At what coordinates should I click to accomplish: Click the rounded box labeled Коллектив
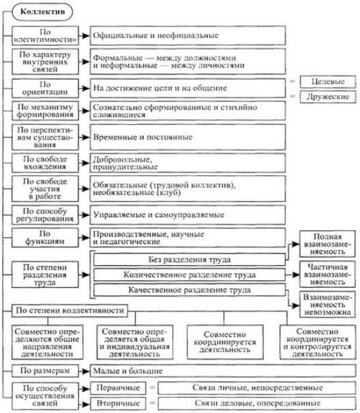point(42,12)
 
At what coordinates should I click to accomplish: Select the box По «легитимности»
point(45,35)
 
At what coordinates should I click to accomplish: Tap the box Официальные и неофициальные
point(187,35)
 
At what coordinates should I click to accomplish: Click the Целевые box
point(328,81)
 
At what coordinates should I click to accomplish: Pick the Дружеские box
point(328,97)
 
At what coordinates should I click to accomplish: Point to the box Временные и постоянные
point(187,137)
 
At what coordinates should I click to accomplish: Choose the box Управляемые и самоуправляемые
point(187,215)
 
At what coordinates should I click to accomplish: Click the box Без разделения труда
point(190,260)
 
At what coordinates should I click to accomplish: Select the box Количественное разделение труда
point(190,275)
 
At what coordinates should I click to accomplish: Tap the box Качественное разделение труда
point(190,290)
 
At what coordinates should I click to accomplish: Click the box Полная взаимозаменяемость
point(327,244)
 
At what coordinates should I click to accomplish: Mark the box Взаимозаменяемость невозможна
point(327,305)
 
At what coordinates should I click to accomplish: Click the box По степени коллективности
point(70,311)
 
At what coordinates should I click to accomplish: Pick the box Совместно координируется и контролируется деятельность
point(318,342)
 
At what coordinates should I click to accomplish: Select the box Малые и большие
point(223,371)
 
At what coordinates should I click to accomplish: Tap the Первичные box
point(118,388)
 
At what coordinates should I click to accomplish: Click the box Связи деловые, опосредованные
point(257,403)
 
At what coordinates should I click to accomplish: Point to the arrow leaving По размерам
point(85,371)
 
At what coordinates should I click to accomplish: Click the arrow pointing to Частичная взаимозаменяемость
point(292,275)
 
